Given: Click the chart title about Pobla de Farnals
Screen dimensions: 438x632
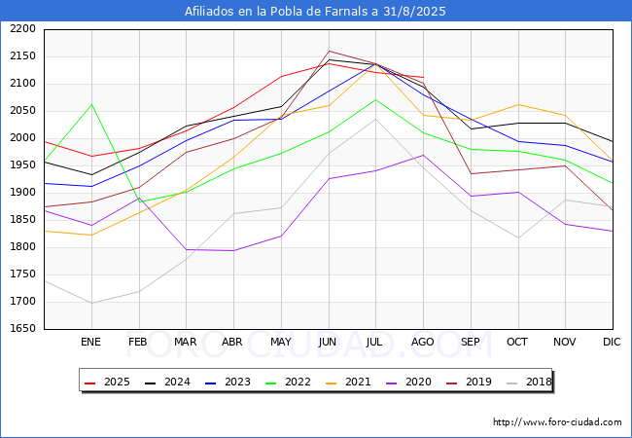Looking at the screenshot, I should [316, 12].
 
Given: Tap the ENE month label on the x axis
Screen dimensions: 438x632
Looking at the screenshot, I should [90, 342].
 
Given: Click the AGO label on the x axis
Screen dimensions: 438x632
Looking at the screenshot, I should [423, 342].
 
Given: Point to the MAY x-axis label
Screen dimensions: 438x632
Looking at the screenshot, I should [280, 342].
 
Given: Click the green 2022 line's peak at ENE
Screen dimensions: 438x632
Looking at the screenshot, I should [91, 104].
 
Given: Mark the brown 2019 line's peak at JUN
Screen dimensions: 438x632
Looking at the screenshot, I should [329, 51].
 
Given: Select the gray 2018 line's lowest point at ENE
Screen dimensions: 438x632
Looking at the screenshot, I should [91, 303].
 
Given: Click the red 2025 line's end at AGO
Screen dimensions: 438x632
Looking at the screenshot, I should [423, 77].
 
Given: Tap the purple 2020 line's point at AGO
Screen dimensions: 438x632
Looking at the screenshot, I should [423, 155].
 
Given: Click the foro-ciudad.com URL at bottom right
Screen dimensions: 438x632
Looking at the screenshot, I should [557, 422].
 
